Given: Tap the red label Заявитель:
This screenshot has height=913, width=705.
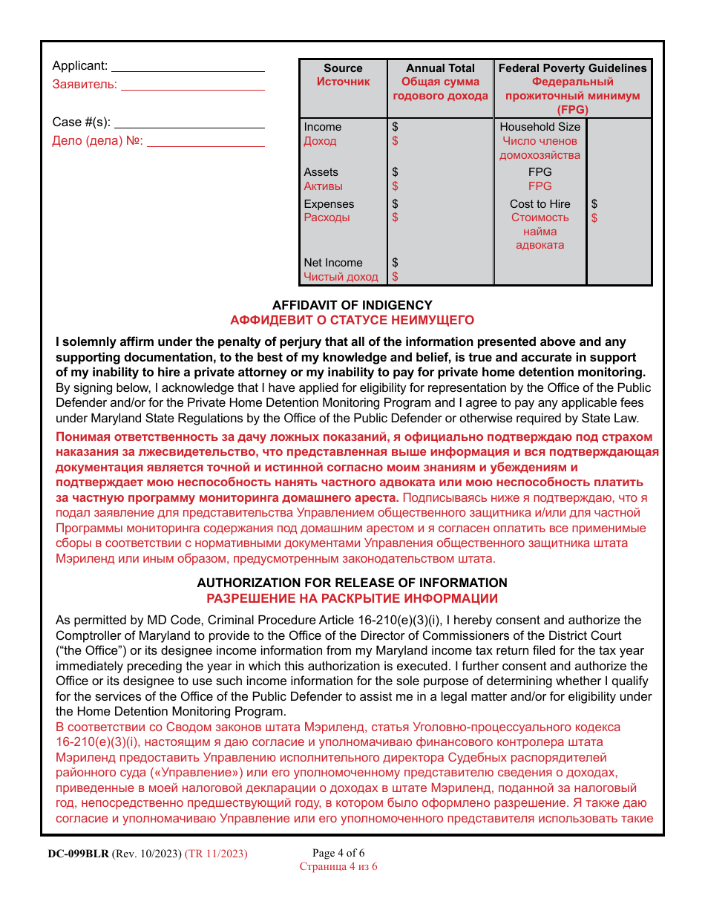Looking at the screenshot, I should (x=85, y=85).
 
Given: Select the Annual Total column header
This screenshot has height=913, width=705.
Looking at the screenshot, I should (x=440, y=68).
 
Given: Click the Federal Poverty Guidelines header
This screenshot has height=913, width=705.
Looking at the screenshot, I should (x=572, y=68).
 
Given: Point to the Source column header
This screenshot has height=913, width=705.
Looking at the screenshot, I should (x=343, y=68).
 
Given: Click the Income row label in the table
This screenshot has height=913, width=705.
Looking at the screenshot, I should (x=323, y=127).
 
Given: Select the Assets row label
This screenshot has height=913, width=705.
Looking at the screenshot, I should (x=321, y=172).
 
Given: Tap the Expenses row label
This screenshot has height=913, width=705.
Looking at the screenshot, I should (x=329, y=204).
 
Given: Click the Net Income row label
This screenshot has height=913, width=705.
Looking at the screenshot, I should (x=333, y=263).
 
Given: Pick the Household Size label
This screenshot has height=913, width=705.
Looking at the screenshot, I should (x=540, y=127).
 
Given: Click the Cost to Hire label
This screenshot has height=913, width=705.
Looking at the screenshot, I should (x=540, y=204).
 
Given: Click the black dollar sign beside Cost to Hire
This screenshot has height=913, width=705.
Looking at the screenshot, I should (x=594, y=204).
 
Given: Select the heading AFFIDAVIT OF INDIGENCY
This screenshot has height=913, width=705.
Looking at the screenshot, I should (x=352, y=305).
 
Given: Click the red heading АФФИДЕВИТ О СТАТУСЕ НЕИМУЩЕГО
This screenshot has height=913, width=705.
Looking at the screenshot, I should (x=352, y=321).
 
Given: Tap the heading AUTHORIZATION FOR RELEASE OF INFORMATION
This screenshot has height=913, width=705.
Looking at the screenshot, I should (x=352, y=583).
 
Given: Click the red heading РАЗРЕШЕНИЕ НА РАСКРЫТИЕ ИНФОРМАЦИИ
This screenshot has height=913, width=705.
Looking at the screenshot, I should (x=352, y=598).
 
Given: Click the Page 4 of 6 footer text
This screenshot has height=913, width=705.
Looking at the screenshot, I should (x=338, y=853).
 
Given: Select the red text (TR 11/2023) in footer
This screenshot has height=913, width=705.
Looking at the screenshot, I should (x=216, y=854).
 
